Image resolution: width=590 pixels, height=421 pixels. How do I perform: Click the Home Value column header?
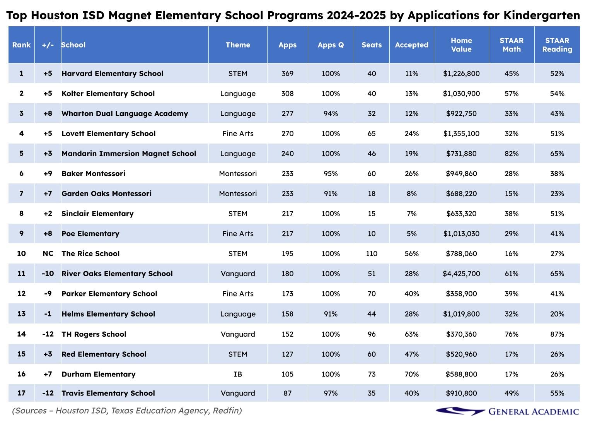[461, 45]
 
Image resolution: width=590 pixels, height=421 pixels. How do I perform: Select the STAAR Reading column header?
[557, 45]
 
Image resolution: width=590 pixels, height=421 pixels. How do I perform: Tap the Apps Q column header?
[331, 45]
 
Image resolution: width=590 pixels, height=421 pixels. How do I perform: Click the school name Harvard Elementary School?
[113, 74]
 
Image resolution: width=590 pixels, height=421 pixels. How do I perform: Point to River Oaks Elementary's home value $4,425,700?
[461, 274]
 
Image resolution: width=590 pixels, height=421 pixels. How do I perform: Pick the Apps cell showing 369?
[287, 74]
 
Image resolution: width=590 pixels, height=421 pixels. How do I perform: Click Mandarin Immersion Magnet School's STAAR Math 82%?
[512, 154]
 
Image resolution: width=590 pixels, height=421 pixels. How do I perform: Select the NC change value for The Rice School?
[48, 254]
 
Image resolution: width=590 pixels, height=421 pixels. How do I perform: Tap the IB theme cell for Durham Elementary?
[238, 374]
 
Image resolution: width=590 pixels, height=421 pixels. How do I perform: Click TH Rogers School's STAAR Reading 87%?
[557, 334]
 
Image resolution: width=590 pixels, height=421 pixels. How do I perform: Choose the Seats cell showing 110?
[372, 254]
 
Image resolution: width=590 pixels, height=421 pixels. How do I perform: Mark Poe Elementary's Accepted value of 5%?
[411, 234]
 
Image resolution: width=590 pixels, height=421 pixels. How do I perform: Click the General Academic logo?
[507, 411]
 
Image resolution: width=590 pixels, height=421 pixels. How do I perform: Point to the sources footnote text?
[127, 411]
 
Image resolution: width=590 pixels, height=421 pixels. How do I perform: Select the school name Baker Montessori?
[94, 174]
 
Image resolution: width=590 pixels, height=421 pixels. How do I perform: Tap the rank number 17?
[21, 393]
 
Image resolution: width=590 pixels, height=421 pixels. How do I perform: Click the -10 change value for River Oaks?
[48, 274]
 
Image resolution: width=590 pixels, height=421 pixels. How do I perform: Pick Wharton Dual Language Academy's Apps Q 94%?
[331, 114]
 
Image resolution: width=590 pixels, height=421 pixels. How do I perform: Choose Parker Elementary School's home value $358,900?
[461, 294]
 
